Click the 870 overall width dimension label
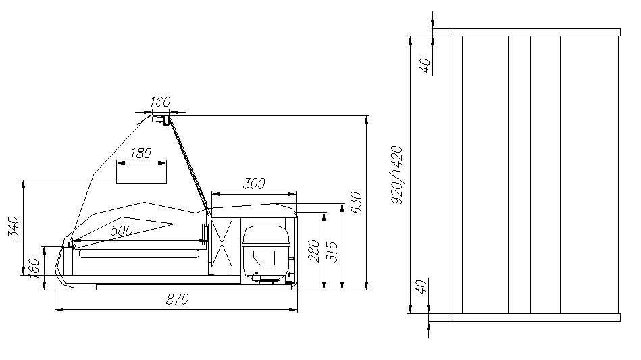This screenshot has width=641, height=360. click(177, 299)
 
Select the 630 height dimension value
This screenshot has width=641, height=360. click(356, 202)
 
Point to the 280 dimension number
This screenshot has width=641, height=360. click(314, 251)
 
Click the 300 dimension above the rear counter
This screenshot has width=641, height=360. click(254, 184)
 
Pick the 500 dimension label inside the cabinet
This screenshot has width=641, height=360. click(122, 230)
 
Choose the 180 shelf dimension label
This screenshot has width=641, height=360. click(140, 153)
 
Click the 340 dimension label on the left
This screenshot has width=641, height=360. click(14, 227)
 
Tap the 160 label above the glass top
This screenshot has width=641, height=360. click(159, 102)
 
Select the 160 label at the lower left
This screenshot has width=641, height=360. click(34, 268)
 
